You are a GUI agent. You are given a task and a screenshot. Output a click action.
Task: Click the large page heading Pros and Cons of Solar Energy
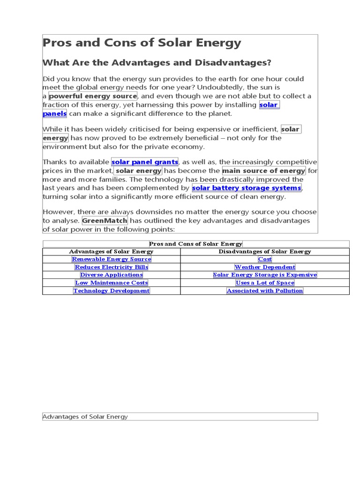pyautogui.click(x=142, y=43)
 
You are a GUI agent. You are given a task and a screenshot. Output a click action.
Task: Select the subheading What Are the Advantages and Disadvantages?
pyautogui.click(x=157, y=63)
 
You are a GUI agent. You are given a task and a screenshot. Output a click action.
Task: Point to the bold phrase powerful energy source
pyautogui.click(x=93, y=96)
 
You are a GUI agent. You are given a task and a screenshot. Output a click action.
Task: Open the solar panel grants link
pyautogui.click(x=145, y=162)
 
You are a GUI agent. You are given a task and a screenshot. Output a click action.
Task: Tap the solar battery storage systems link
pyautogui.click(x=247, y=188)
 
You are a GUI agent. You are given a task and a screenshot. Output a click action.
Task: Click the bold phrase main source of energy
pyautogui.click(x=264, y=171)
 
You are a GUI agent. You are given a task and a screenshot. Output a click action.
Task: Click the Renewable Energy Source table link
pyautogui.click(x=112, y=259)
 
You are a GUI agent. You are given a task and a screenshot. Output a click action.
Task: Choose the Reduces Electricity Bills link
pyautogui.click(x=112, y=267)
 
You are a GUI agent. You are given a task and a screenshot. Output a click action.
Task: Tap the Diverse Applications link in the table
pyautogui.click(x=112, y=275)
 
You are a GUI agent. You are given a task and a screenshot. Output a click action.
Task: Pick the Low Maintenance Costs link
pyautogui.click(x=112, y=283)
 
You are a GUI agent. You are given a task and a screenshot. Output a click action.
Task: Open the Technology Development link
pyautogui.click(x=112, y=291)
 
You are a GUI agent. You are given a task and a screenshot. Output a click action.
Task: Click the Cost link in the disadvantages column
pyautogui.click(x=265, y=259)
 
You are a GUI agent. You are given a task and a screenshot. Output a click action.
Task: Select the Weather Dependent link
pyautogui.click(x=265, y=267)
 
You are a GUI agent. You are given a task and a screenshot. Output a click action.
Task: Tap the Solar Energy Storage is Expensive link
pyautogui.click(x=265, y=275)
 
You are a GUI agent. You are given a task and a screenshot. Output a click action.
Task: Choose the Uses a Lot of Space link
pyautogui.click(x=265, y=283)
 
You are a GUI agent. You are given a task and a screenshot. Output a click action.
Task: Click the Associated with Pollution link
pyautogui.click(x=265, y=291)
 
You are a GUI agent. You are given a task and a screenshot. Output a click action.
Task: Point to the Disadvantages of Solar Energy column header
pyautogui.click(x=265, y=252)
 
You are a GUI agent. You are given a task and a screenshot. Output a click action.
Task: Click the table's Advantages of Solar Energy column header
pyautogui.click(x=112, y=252)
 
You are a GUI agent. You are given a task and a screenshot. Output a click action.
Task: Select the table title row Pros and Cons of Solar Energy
pyautogui.click(x=196, y=244)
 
